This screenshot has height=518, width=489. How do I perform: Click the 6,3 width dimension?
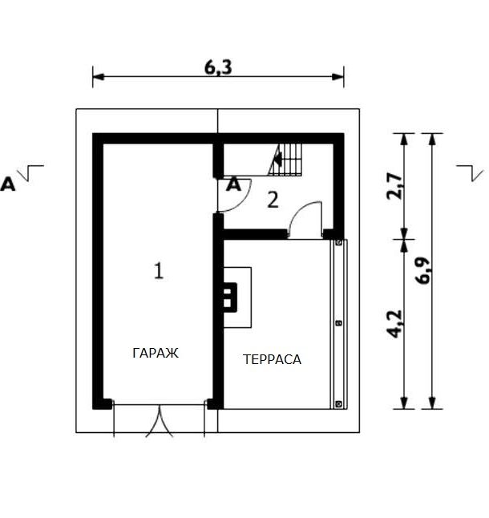pyautogui.click(x=218, y=67)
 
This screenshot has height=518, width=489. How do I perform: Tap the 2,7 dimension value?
pyautogui.click(x=394, y=186)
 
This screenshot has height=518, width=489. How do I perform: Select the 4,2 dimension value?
pyautogui.click(x=394, y=324)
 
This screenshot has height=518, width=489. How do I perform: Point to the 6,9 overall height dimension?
pyautogui.click(x=422, y=270)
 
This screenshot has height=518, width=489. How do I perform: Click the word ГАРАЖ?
pyautogui.click(x=156, y=353)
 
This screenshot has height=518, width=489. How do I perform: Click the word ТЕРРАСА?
pyautogui.click(x=272, y=359)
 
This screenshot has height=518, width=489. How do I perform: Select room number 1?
pyautogui.click(x=159, y=271)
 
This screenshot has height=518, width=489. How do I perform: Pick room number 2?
pyautogui.click(x=273, y=200)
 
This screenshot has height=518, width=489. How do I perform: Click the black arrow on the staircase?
pyautogui.click(x=277, y=160)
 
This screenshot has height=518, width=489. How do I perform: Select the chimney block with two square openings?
pyautogui.click(x=230, y=297)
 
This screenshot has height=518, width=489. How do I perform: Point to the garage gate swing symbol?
pyautogui.click(x=160, y=423)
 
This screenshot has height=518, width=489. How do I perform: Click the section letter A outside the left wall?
pyautogui.click(x=7, y=184)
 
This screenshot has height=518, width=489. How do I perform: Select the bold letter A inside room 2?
pyautogui.click(x=234, y=184)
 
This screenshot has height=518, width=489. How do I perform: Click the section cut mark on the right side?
pyautogui.click(x=471, y=172)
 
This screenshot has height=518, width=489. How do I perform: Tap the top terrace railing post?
pyautogui.click(x=339, y=243)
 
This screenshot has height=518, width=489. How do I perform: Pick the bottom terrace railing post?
pyautogui.click(x=339, y=403)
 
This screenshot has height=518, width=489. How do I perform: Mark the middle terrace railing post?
pyautogui.click(x=339, y=323)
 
